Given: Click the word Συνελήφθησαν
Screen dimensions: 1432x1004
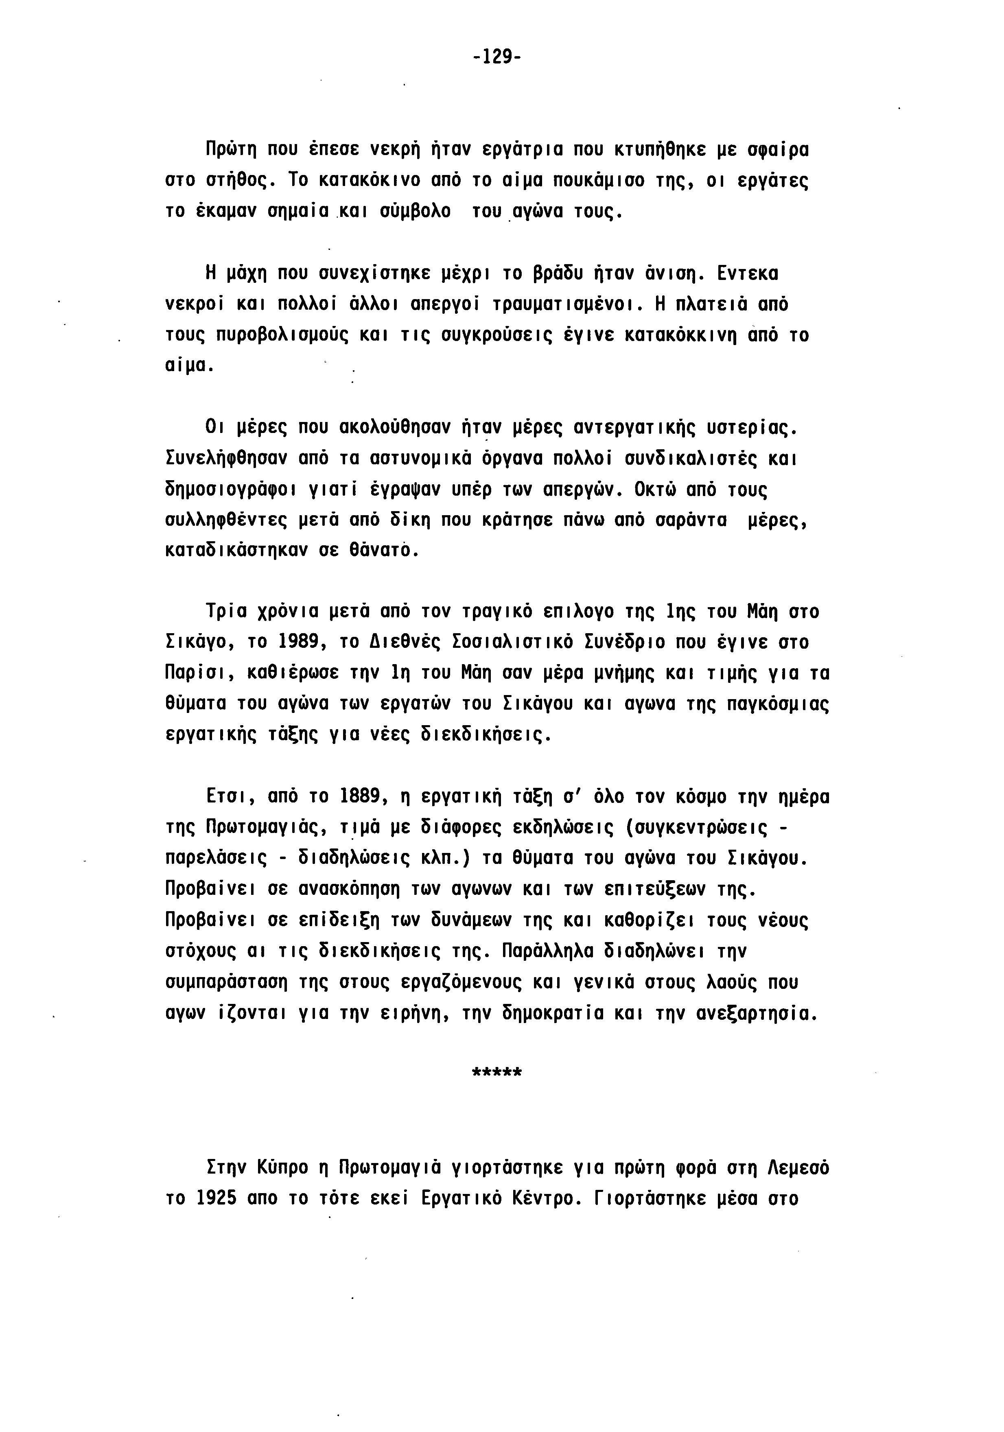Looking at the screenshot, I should (x=226, y=459).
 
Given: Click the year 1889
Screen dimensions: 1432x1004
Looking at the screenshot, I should (x=359, y=796).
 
